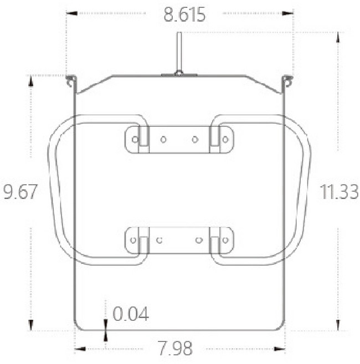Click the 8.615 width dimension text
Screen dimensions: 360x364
184,14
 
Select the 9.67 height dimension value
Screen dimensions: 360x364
20,192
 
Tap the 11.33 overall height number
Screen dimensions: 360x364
339,192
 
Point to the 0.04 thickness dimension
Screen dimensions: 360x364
131,314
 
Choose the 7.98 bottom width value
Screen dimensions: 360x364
175,348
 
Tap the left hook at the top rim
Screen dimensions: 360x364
71,80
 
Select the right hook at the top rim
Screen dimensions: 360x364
287,80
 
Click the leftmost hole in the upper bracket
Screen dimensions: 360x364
135,140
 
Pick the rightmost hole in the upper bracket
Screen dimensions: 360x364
225,140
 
